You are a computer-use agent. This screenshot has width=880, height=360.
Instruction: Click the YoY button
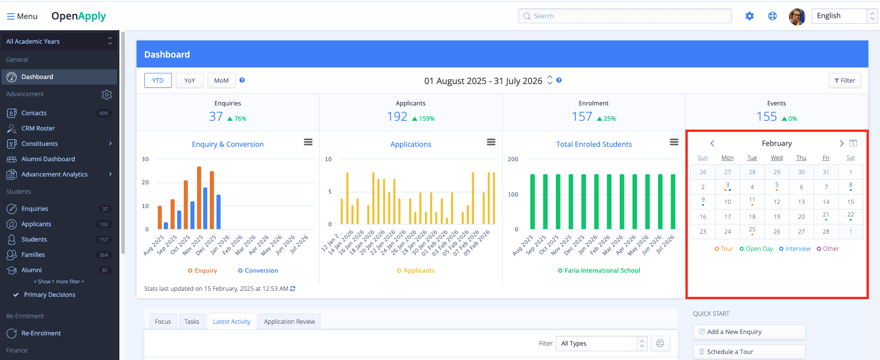pyautogui.click(x=189, y=80)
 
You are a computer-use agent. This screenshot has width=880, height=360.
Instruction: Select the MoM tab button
pyautogui.click(x=221, y=80)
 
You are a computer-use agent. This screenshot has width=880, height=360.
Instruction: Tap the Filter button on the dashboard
pyautogui.click(x=845, y=80)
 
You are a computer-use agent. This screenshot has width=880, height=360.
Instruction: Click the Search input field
pyautogui.click(x=625, y=16)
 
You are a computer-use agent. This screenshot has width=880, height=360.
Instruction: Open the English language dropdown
pyautogui.click(x=844, y=16)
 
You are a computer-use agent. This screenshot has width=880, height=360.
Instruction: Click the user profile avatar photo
pyautogui.click(x=797, y=16)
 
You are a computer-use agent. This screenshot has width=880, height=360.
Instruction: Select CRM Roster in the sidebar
pyautogui.click(x=38, y=128)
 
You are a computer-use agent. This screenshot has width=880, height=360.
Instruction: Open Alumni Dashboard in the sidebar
pyautogui.click(x=48, y=159)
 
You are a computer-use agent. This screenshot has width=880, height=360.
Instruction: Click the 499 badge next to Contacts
pyautogui.click(x=104, y=113)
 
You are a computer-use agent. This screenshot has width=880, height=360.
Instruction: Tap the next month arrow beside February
pyautogui.click(x=841, y=143)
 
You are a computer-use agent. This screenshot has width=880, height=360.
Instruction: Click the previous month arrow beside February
pyautogui.click(x=712, y=143)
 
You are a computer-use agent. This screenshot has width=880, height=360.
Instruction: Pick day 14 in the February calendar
pyautogui.click(x=826, y=202)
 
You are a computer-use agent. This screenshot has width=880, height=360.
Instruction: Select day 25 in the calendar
pyautogui.click(x=752, y=230)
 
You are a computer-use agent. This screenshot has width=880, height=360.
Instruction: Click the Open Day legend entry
pyautogui.click(x=756, y=249)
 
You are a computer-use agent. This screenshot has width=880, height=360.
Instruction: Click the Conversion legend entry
pyautogui.click(x=258, y=271)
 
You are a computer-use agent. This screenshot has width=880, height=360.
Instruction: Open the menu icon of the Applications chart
pyautogui.click(x=491, y=142)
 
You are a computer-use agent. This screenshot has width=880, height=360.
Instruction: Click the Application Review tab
pyautogui.click(x=289, y=321)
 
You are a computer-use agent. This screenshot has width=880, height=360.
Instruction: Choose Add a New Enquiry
pyautogui.click(x=749, y=332)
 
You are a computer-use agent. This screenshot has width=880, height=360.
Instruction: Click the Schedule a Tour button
pyautogui.click(x=749, y=352)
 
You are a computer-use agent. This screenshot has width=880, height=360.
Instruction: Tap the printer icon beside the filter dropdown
pyautogui.click(x=660, y=343)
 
